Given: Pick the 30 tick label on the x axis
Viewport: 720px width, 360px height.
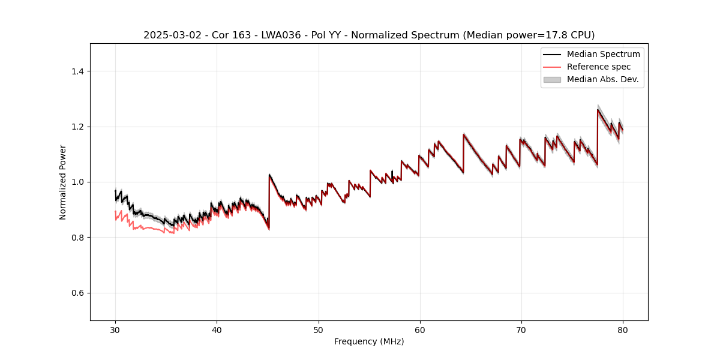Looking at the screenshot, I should pos(116,330).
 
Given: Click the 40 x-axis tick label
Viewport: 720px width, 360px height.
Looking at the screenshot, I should pos(217,330).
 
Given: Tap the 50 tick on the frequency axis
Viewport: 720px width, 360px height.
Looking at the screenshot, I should pos(319,330).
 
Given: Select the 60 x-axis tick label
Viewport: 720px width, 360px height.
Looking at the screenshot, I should pos(420,330).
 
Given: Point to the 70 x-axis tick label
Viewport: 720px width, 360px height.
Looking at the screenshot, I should pos(521,330).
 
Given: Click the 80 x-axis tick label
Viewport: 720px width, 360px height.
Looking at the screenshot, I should pos(623,330).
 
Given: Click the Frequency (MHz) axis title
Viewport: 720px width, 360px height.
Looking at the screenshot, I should pos(369,342).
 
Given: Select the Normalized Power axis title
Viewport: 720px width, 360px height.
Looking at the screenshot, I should pos(63,182).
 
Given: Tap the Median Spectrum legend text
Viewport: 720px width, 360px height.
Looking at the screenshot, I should pos(603,54).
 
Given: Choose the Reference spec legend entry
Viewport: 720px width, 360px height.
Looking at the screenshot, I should pos(598,67).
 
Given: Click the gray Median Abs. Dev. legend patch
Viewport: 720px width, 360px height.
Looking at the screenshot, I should pos(552,79).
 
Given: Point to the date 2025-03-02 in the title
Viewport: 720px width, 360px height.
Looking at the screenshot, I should pos(169,35).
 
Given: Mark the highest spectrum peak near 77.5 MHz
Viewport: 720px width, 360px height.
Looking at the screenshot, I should pos(598,109).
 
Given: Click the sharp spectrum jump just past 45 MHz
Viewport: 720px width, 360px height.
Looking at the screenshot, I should pos(269,175).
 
